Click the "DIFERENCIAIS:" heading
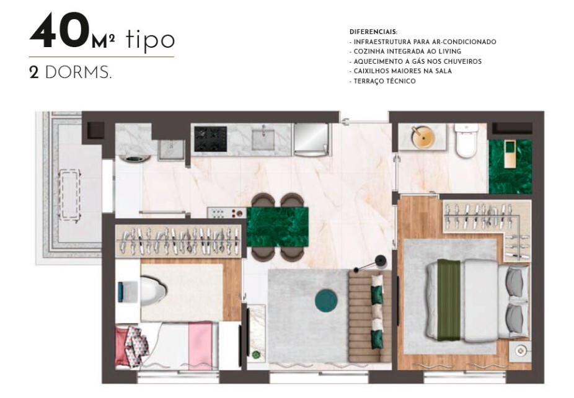coord(374,32)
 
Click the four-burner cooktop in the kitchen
coord(210,139)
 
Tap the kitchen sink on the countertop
coord(263,137)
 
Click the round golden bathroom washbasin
coord(423,137)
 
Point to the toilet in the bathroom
coord(466,141)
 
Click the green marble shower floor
coord(510,166)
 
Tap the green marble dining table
coord(278,227)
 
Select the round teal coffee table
coord(326,301)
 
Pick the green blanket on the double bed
coord(449,300)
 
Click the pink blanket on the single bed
coord(200,345)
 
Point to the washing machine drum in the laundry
coord(135,159)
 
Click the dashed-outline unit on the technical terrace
coord(69,195)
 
